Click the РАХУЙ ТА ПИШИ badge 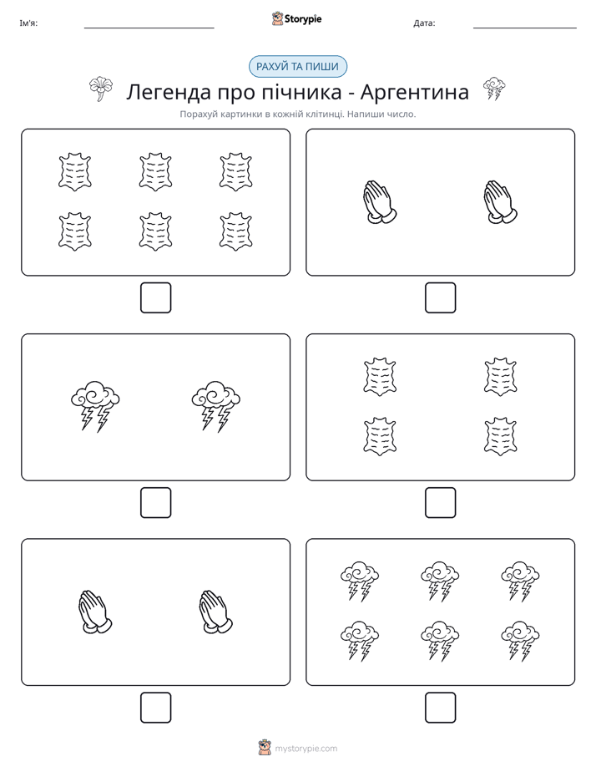click(297, 67)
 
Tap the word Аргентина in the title click(415, 92)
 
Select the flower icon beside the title click(101, 89)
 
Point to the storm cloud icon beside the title click(494, 88)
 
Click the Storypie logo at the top click(296, 18)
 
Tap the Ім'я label click(28, 23)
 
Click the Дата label click(424, 23)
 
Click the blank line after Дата click(525, 28)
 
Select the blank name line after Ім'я click(149, 28)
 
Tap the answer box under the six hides click(156, 298)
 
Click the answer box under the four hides click(440, 503)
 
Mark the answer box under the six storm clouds click(440, 708)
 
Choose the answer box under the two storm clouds click(156, 503)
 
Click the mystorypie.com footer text click(306, 749)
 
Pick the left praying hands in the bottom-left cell click(94, 612)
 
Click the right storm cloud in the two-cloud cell click(216, 406)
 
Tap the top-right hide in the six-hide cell click(236, 172)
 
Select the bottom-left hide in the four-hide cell click(380, 437)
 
